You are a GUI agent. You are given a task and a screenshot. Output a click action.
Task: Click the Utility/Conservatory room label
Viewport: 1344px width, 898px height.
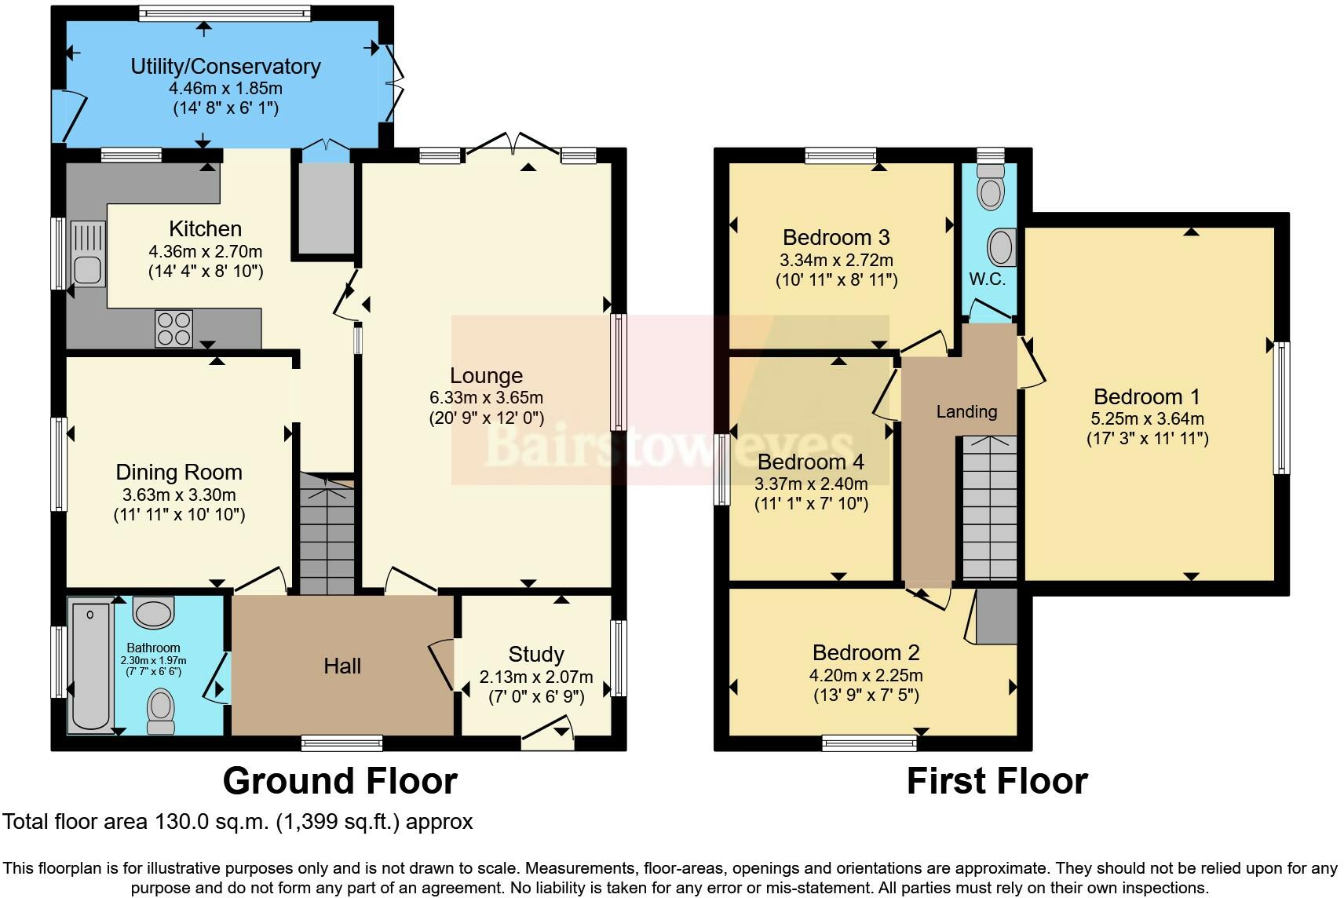(225, 67)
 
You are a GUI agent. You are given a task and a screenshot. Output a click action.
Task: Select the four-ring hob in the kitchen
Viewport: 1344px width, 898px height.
(174, 328)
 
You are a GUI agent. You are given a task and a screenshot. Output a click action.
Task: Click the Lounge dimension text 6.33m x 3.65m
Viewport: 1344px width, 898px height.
(486, 398)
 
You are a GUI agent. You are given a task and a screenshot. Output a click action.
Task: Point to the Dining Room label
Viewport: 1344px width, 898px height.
(179, 473)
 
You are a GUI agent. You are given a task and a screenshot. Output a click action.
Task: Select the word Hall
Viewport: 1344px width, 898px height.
(342, 666)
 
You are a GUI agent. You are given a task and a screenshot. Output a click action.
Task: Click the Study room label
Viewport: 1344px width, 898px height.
(536, 655)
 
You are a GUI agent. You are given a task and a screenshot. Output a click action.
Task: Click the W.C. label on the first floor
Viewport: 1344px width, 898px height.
(987, 279)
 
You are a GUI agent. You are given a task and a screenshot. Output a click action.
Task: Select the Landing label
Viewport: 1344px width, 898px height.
(966, 411)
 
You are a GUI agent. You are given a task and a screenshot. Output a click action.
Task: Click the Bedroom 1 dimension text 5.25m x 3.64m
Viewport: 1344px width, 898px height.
(1147, 419)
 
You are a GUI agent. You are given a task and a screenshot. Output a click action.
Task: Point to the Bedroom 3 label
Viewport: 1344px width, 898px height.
(836, 237)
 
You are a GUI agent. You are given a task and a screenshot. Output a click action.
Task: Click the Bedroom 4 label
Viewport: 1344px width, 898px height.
(811, 462)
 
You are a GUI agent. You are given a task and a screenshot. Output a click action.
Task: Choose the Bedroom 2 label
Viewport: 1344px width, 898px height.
(866, 653)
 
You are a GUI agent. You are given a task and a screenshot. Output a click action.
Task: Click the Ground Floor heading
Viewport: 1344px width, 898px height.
(340, 781)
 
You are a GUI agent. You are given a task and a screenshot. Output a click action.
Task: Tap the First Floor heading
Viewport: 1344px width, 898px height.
(997, 781)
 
